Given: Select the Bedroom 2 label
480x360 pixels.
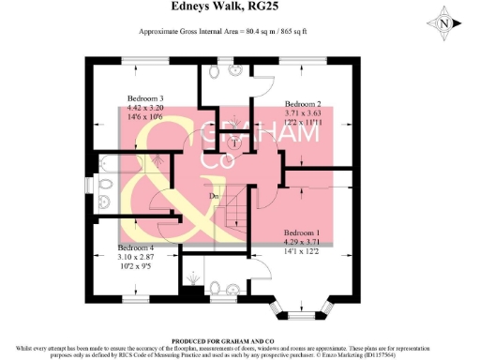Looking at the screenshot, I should (x=303, y=103).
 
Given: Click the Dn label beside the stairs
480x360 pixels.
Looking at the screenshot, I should (x=214, y=196).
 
